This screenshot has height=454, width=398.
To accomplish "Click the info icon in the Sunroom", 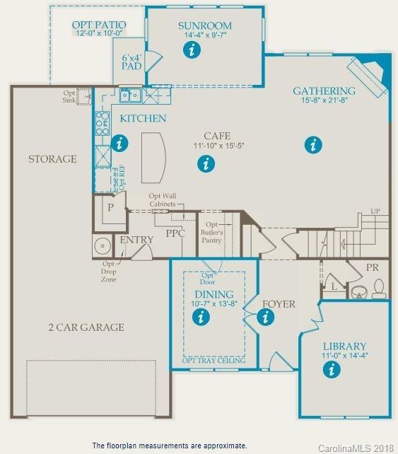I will coord(190,50).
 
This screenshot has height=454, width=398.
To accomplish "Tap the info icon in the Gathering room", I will coord(312,145).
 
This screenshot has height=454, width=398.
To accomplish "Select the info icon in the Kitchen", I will coord(121,143).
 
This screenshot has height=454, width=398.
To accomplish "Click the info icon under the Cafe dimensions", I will coord(206,164).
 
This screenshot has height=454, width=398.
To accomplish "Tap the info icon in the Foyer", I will coord(266,318).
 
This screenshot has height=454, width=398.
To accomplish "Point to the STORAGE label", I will coord(52,159).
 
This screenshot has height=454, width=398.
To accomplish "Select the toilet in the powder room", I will coord(378,289).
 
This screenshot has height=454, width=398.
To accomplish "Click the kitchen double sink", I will coord(129,95).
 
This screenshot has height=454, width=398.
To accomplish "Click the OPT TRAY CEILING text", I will coord(213,361).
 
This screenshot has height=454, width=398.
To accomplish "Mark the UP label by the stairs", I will coord(375,211).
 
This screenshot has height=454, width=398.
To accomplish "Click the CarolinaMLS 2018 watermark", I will coord(356,448).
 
